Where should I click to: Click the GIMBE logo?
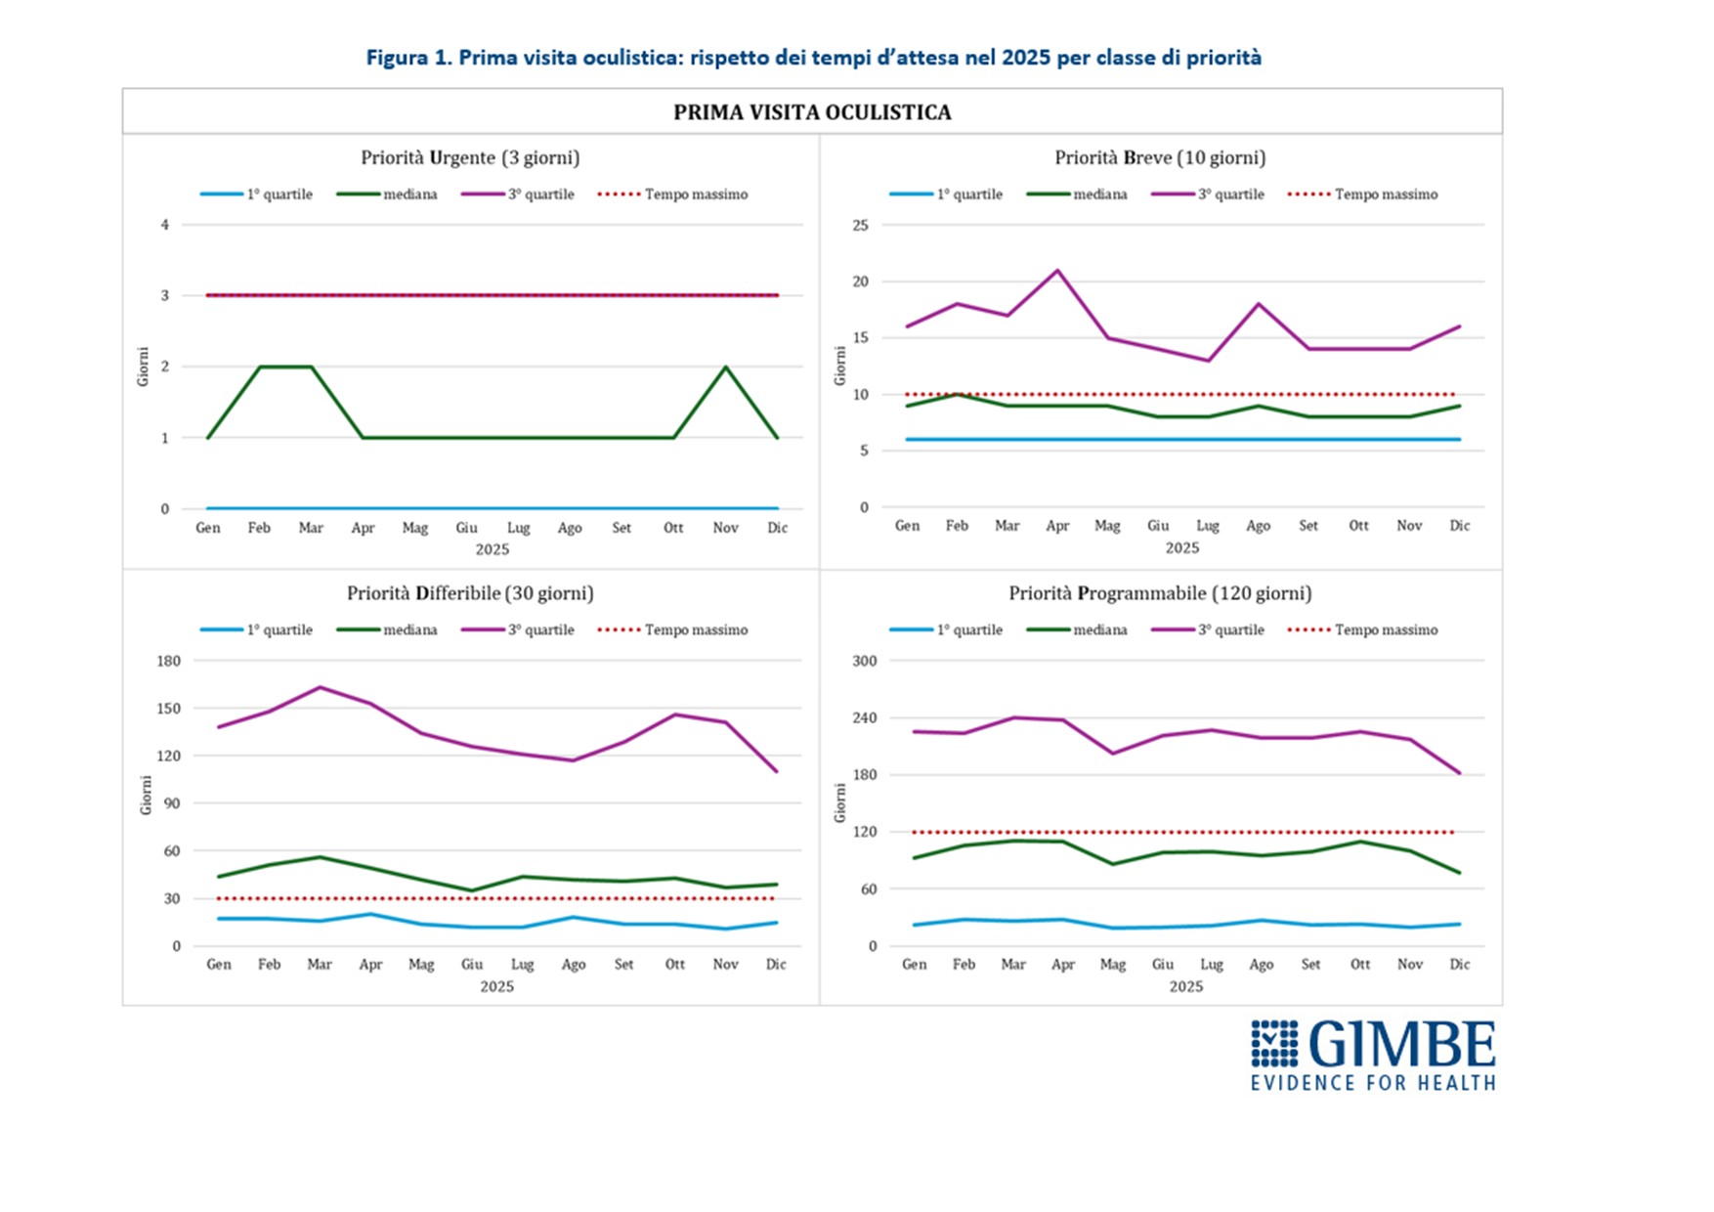coord(1372,1055)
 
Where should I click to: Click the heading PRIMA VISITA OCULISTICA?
coord(812,112)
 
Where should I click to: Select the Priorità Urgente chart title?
coord(470,157)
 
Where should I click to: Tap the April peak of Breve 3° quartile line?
coord(1057,271)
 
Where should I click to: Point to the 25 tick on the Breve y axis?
coord(860,225)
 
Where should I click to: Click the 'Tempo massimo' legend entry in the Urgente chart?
coord(672,195)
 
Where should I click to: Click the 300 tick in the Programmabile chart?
coord(865,661)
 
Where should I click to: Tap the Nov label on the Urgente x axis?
coord(725,528)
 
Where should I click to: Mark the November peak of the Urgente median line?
coord(725,367)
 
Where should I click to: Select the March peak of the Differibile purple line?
coord(320,687)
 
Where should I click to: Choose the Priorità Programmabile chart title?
coord(1160,593)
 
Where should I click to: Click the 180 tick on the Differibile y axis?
coord(169,661)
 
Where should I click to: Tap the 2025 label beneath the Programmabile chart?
coord(1186,987)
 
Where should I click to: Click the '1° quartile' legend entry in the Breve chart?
coord(946,195)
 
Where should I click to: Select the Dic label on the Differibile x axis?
coord(776,965)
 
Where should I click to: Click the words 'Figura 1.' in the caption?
coord(409,58)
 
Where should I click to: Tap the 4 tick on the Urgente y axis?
coord(165,225)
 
